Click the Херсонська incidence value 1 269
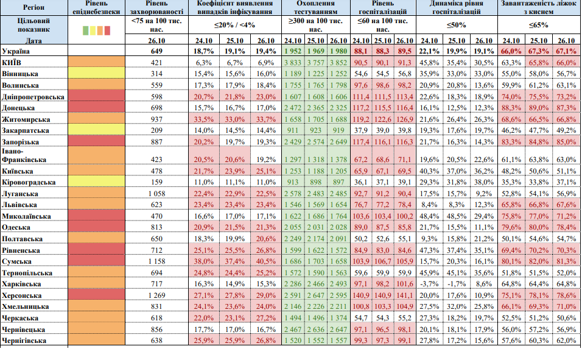(156, 295)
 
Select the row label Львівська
(19, 205)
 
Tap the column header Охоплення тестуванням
(315, 7)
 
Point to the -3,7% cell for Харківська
(429, 284)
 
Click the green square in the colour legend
(86, 30)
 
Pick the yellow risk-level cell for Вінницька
(97, 74)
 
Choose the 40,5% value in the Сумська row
(266, 261)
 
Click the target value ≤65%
(539, 25)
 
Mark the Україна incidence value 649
(156, 51)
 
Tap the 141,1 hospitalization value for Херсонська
(405, 295)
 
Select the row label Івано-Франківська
(24, 156)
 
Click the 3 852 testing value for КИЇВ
(338, 63)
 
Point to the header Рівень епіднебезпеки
(97, 7)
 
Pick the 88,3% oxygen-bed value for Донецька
(511, 108)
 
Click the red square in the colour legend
(107, 30)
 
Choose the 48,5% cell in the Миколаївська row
(457, 216)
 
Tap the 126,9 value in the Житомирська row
(405, 119)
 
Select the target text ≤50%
(457, 25)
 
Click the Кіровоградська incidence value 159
(156, 182)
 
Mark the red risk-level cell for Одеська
(97, 227)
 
